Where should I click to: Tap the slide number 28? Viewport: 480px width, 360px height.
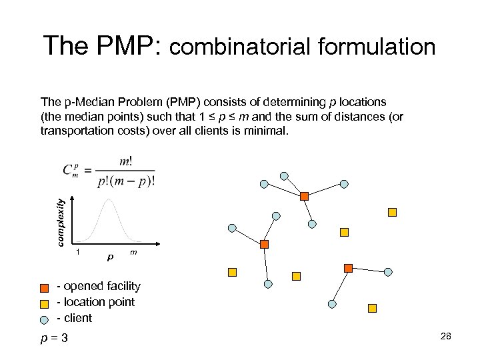pos(446,337)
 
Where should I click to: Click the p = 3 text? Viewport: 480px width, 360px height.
pos(54,338)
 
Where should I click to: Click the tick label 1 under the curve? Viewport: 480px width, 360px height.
pos(79,252)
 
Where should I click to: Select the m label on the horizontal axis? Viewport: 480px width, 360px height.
pos(134,252)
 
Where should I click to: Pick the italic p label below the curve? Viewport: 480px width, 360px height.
pos(110,256)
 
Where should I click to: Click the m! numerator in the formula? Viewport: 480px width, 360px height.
pos(125,162)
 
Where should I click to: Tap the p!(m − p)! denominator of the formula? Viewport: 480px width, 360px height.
pos(126,182)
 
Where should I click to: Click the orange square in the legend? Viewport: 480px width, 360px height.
pos(44,287)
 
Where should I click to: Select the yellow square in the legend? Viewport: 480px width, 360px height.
pos(44,303)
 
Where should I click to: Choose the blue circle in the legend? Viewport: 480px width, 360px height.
pos(44,319)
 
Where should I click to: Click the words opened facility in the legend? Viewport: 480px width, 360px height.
pos(103,286)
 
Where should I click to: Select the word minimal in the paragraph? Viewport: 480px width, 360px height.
pos(266,131)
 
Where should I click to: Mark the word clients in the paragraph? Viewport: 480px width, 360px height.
pos(207,131)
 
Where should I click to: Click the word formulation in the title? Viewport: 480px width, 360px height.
pos(377,47)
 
